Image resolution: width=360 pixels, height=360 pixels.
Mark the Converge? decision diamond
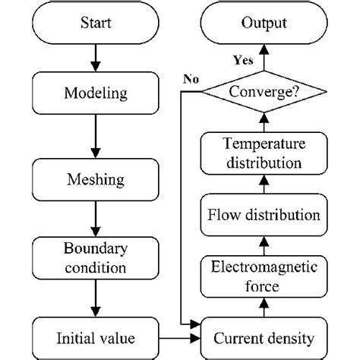pos(264,93)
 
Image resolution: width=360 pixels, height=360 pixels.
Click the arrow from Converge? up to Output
pos(264,57)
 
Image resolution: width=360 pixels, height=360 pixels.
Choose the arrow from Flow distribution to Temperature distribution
pos(264,182)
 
